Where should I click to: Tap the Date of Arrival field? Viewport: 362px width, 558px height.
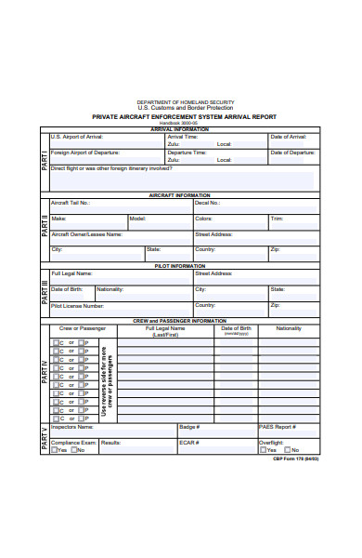click(290, 141)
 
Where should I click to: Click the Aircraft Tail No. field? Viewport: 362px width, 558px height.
click(120, 206)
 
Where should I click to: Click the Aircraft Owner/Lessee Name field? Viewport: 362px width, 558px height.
click(120, 239)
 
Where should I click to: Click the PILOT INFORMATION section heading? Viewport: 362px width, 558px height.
click(180, 266)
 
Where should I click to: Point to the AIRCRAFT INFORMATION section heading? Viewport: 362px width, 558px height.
click(180, 195)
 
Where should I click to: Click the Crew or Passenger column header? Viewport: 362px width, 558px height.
click(83, 328)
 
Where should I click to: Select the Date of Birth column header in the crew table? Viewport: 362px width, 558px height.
click(236, 330)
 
